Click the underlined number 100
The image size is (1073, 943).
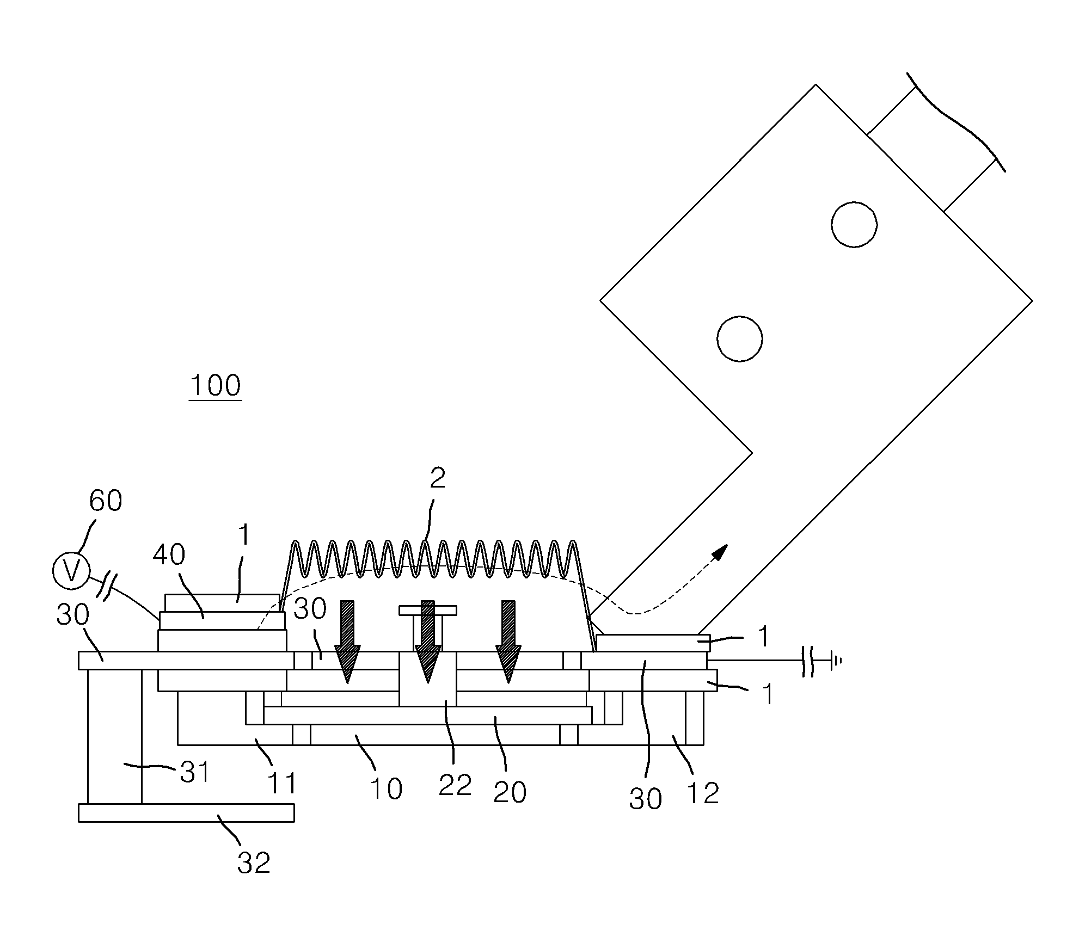click(x=215, y=386)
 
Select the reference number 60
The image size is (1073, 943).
click(x=106, y=501)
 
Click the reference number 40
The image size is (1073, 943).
click(x=169, y=554)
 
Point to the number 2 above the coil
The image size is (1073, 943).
click(x=438, y=478)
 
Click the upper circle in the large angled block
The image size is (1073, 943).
click(x=854, y=224)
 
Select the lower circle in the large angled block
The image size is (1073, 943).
click(x=740, y=338)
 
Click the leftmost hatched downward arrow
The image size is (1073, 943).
click(x=347, y=642)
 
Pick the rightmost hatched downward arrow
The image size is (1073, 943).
click(x=508, y=642)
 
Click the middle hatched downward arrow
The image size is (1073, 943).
click(x=428, y=642)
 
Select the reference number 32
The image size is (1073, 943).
click(x=254, y=862)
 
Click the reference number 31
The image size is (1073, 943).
click(x=194, y=772)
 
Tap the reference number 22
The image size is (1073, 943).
click(x=455, y=785)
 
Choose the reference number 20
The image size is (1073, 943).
click(x=510, y=792)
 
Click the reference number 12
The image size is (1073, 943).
click(x=703, y=793)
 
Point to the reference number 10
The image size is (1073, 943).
click(x=386, y=788)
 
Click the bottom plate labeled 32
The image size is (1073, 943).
click(x=186, y=812)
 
